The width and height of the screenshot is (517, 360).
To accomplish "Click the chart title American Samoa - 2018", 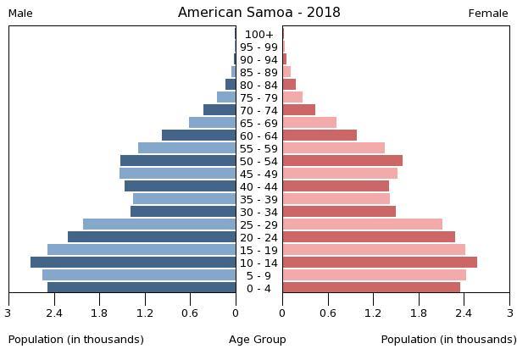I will pyautogui.click(x=258, y=13).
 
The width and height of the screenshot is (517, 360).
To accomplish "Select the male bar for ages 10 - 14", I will pyautogui.click(x=133, y=263).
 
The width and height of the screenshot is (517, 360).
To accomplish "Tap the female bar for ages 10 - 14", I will pyautogui.click(x=380, y=263).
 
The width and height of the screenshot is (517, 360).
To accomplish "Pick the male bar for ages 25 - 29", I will pyautogui.click(x=159, y=224).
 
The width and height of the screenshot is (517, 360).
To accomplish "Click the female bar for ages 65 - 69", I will pyautogui.click(x=309, y=123).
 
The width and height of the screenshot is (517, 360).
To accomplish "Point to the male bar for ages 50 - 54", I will pyautogui.click(x=178, y=161).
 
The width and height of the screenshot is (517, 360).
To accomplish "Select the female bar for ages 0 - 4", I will pyautogui.click(x=371, y=288).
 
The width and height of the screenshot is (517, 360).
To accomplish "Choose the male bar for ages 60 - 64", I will pyautogui.click(x=198, y=136).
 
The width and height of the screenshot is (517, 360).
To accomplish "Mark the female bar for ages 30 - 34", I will pyautogui.click(x=339, y=212).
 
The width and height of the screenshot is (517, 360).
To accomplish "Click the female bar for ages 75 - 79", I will pyautogui.click(x=292, y=97).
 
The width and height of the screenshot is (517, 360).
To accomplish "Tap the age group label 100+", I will pyautogui.click(x=258, y=35).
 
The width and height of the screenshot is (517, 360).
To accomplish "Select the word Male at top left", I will pyautogui.click(x=20, y=14).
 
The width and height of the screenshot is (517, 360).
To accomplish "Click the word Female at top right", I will pyautogui.click(x=488, y=14).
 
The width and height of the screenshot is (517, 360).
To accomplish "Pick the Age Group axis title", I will pyautogui.click(x=258, y=340).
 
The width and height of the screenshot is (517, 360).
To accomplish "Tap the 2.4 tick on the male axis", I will pyautogui.click(x=54, y=313).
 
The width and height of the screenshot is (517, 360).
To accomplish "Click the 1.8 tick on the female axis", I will pyautogui.click(x=419, y=313).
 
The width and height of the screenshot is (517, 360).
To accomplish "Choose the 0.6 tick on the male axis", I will pyautogui.click(x=190, y=313).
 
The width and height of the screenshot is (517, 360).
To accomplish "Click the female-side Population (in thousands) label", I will pyautogui.click(x=448, y=340).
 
